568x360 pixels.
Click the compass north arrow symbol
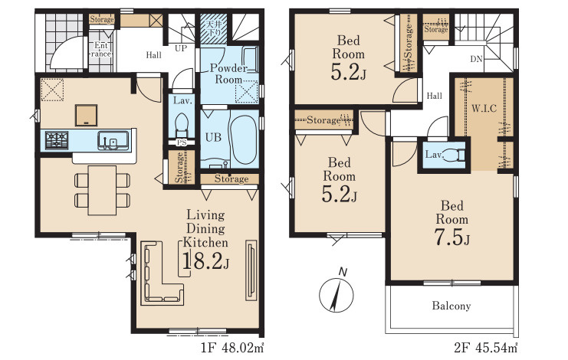(336, 294)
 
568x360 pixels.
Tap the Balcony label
(451, 306)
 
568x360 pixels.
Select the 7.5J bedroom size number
(451, 237)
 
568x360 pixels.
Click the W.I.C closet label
(484, 108)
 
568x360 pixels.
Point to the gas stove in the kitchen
(57, 140)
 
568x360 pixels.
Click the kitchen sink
(113, 140)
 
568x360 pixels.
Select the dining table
(103, 190)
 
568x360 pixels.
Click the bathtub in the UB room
(244, 140)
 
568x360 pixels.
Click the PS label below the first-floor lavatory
(182, 142)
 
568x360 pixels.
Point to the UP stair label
(181, 48)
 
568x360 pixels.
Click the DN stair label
(476, 59)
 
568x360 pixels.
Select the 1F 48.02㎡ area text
(232, 348)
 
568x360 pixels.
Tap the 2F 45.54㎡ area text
(486, 348)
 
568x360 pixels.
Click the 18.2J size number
(205, 260)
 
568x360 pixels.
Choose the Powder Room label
(228, 74)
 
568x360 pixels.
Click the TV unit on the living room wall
(251, 270)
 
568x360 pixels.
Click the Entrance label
(101, 50)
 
